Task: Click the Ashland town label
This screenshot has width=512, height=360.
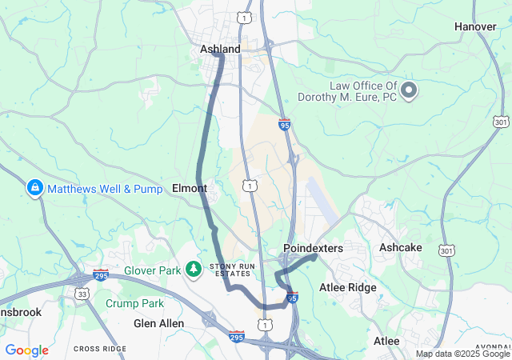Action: [x=220, y=50]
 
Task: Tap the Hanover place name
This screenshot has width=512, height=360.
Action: [x=475, y=26]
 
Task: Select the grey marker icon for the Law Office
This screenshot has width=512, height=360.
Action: [x=409, y=90]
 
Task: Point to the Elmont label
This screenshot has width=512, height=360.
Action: [x=190, y=189]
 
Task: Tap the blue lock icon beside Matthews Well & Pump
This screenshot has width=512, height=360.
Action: [x=34, y=189]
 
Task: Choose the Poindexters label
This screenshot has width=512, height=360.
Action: [x=313, y=249]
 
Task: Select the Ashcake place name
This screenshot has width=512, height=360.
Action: [x=400, y=248]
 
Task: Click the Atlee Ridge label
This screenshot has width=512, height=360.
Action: [x=347, y=287]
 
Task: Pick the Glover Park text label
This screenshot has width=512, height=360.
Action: [x=153, y=270]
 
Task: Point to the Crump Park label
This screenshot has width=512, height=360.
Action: [x=134, y=303]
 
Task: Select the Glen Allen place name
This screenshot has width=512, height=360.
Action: [x=158, y=323]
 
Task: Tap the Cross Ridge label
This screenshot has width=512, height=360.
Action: [x=100, y=349]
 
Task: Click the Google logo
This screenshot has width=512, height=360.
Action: [x=26, y=350]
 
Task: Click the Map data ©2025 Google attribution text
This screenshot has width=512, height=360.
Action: [x=462, y=354]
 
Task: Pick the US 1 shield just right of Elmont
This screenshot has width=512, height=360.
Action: [x=251, y=186]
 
